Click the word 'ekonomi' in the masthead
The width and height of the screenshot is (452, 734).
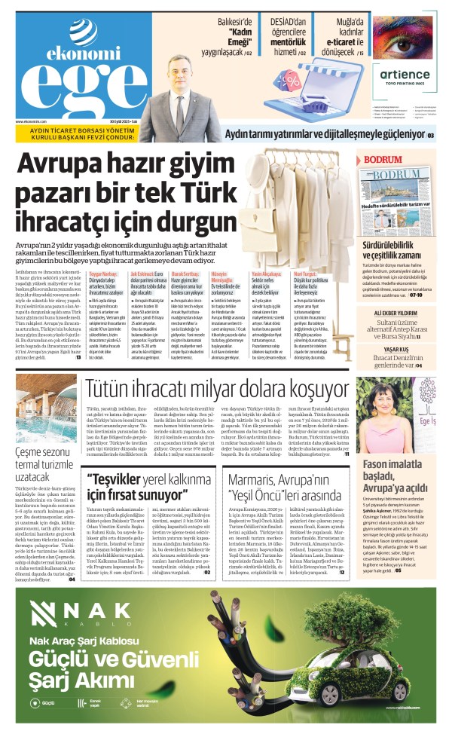[x=73, y=54]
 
